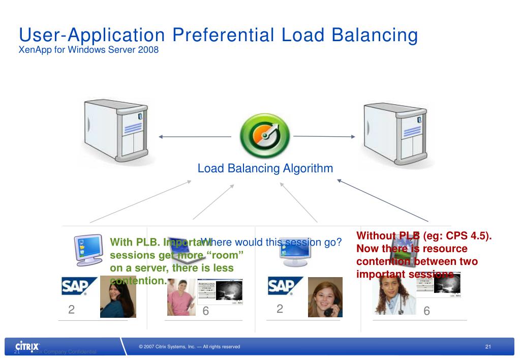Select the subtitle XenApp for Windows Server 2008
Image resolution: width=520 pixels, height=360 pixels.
(89, 50)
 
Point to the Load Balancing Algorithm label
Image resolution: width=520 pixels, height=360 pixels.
(265, 168)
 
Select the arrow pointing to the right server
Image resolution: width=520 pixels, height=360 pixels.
(324, 136)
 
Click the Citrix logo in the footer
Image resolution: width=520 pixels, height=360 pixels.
(28, 346)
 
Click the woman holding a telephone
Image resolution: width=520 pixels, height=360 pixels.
(325, 297)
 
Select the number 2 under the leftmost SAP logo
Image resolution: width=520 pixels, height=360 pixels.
(72, 310)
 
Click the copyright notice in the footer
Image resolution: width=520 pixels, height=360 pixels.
(189, 347)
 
